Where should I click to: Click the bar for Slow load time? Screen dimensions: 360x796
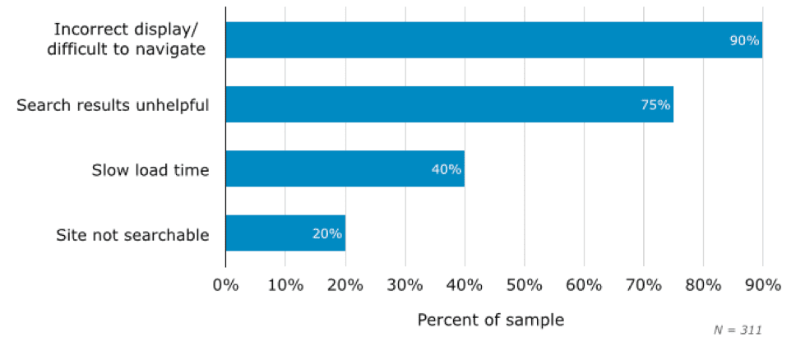tap(345, 168)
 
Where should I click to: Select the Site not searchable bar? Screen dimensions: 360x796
tap(285, 233)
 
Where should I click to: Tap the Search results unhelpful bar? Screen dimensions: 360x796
tap(449, 104)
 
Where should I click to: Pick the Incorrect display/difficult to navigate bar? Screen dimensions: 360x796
tap(493, 39)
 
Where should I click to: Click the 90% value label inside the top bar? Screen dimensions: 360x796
tap(744, 39)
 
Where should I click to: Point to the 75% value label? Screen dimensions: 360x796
tap(655, 104)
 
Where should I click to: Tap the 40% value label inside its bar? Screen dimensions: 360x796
tap(447, 169)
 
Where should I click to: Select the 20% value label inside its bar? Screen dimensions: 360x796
tap(326, 233)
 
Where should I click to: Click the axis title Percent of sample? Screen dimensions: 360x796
tap(491, 320)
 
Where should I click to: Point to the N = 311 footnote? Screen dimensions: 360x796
tap(738, 330)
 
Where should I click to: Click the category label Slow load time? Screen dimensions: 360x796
tap(150, 170)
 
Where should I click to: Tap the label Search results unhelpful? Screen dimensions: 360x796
tap(113, 105)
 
